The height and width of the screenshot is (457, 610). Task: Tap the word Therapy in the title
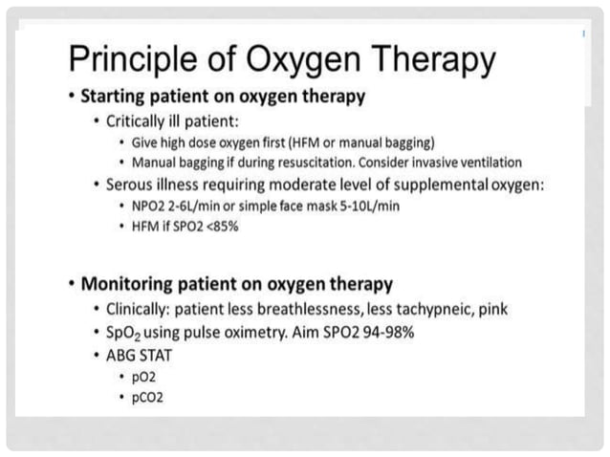[425, 61]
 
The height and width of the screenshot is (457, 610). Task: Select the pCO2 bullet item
[148, 397]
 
